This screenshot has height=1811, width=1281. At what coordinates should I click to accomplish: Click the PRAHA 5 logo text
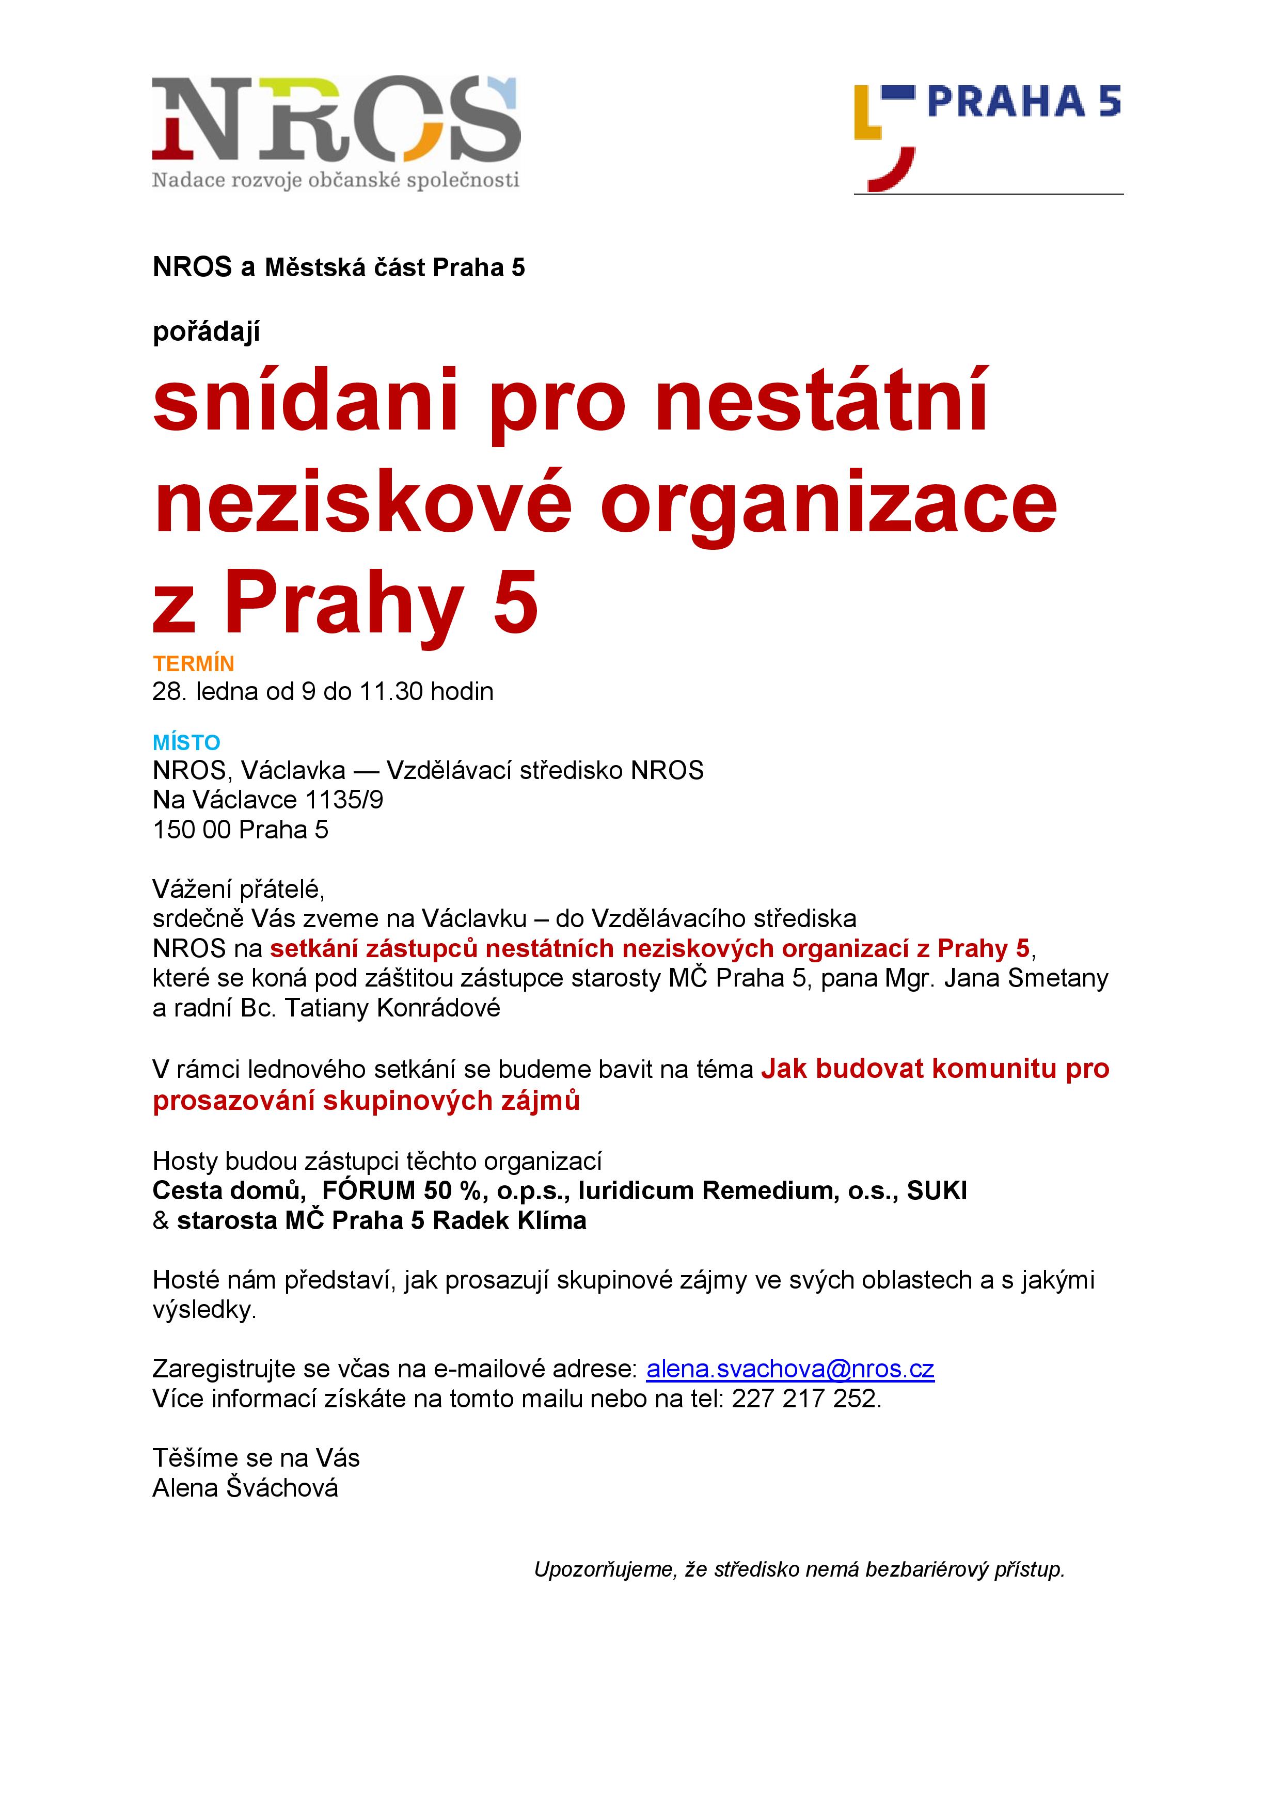(1023, 102)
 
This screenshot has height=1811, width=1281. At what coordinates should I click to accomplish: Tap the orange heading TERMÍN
(193, 663)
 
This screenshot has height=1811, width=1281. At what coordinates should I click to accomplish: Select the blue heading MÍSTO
(186, 742)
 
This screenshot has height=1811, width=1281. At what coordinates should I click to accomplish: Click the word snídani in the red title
(305, 402)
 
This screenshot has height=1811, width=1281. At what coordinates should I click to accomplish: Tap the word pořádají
(206, 331)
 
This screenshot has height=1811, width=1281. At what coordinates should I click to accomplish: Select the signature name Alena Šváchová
(245, 1488)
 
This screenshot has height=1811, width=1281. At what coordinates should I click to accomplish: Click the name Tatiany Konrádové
(392, 1008)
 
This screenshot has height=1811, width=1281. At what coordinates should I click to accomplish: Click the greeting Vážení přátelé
(238, 889)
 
